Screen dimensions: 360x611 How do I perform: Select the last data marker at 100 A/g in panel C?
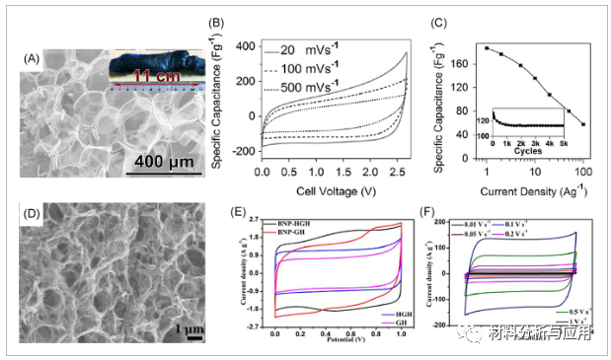click(583, 124)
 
